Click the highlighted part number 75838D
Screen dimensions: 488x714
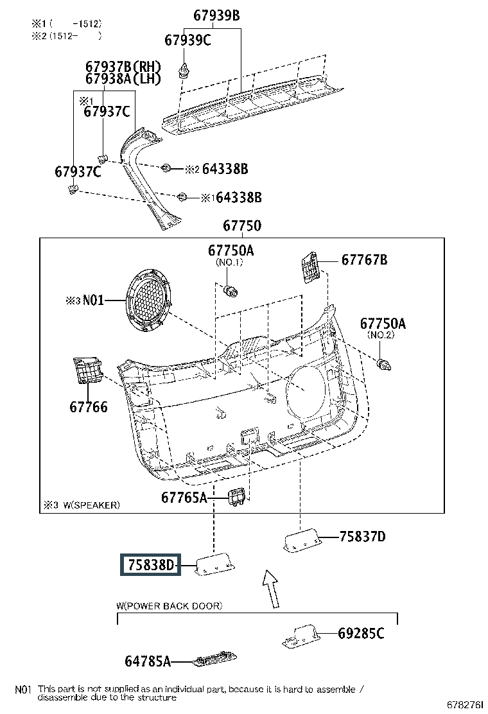[151, 564]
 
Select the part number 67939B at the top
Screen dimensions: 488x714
[216, 15]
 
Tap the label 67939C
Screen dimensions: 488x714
[187, 40]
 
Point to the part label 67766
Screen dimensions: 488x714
[89, 406]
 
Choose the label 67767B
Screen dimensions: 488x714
[364, 259]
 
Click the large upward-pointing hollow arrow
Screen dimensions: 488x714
[271, 588]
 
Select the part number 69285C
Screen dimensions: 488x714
[361, 633]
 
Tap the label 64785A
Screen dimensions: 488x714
[148, 661]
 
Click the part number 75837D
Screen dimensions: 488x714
[362, 536]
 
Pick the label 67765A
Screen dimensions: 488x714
[184, 497]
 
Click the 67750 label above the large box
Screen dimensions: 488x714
[242, 225]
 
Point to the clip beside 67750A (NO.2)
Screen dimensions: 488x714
[384, 364]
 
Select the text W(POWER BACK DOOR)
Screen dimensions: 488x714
[170, 605]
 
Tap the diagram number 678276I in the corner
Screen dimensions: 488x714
[465, 705]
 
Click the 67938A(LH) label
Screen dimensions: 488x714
[123, 79]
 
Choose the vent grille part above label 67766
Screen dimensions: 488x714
[87, 370]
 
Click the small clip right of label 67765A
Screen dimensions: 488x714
[237, 496]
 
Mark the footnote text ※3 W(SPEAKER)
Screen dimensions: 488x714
[82, 505]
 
